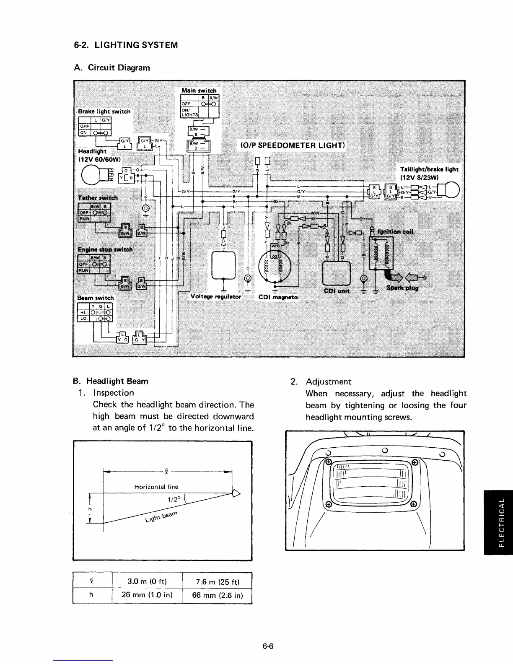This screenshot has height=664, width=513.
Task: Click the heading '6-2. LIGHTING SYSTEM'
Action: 124,45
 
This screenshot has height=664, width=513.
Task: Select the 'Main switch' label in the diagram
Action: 199,91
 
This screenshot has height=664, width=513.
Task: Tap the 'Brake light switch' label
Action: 104,112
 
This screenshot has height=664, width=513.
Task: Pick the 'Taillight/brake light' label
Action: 430,169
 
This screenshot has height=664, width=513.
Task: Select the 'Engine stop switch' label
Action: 105,250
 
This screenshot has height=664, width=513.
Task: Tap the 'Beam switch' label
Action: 96,298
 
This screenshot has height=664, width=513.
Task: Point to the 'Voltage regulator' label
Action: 215,296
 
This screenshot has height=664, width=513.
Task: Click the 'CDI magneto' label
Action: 278,297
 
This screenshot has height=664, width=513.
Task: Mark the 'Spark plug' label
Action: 402,288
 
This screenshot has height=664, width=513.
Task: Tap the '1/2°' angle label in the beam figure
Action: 174,500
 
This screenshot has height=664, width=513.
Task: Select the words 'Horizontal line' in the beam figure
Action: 156,487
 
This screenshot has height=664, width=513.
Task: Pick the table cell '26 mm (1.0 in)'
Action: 147,596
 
